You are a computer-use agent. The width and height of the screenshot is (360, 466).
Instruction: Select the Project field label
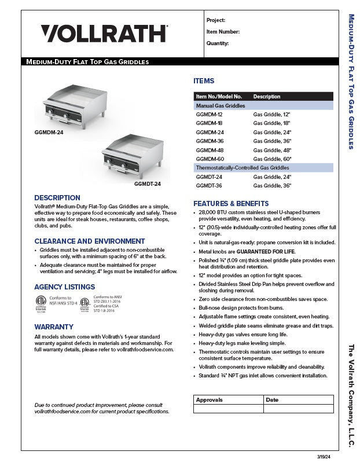pos(216,20)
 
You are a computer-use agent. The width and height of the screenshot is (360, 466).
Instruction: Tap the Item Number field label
pos(223,32)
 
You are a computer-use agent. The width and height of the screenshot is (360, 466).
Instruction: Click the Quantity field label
pos(218,43)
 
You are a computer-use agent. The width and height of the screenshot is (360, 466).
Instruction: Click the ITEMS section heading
pos(204,81)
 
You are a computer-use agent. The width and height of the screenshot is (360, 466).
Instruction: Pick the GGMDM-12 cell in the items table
pos(209,115)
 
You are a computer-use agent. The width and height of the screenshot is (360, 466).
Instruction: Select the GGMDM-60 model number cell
pos(210,159)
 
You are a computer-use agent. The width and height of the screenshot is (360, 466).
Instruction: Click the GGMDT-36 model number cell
pos(209,186)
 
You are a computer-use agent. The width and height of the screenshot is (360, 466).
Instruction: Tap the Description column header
pos(267,97)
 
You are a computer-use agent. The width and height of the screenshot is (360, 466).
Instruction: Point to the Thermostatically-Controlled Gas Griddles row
pos(243,167)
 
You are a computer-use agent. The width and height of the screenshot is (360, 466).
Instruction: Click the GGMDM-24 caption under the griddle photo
pos(49,133)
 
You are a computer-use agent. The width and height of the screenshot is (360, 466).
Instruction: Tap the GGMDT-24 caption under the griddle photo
pos(147,184)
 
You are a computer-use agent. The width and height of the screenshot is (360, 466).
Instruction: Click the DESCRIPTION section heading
pos(57,198)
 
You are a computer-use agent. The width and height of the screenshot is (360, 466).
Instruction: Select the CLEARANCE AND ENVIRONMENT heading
pos(90,241)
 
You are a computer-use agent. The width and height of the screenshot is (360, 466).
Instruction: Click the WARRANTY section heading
pos(54,327)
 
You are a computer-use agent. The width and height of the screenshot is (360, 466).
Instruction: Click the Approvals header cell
pos(209,400)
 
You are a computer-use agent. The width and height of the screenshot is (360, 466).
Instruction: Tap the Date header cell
pos(272,400)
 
